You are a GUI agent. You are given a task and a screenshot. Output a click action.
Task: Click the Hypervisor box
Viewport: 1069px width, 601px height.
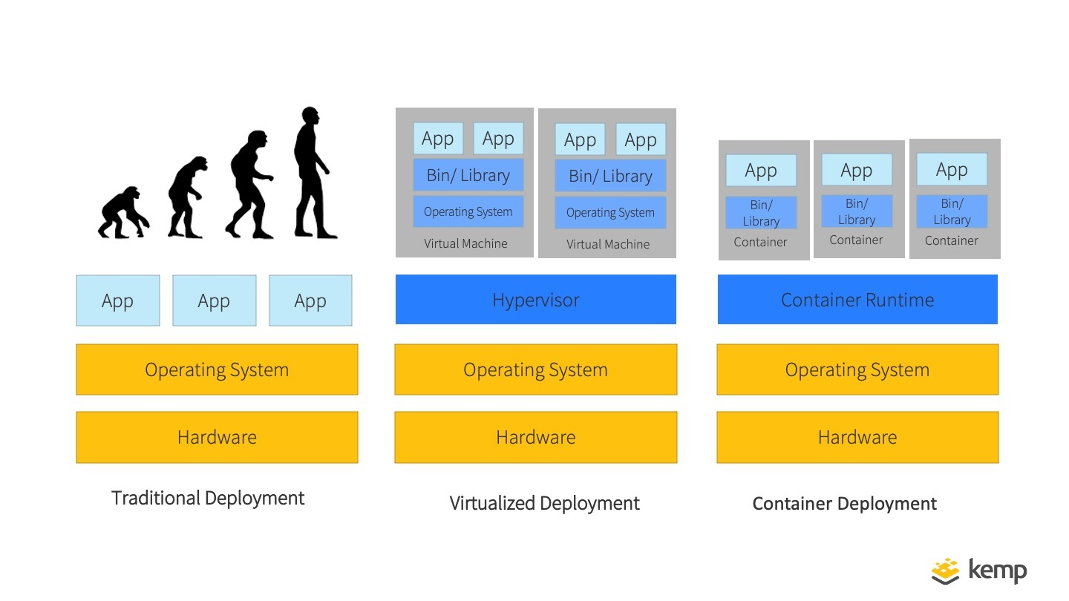tap(535, 300)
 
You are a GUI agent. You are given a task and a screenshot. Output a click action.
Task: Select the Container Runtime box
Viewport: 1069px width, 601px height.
tap(857, 300)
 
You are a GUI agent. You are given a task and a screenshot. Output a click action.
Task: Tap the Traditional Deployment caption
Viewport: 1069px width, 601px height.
tap(208, 498)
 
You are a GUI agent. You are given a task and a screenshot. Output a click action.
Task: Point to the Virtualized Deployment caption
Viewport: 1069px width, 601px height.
tap(544, 503)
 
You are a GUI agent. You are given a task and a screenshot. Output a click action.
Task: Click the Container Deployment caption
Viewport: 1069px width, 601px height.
tap(844, 504)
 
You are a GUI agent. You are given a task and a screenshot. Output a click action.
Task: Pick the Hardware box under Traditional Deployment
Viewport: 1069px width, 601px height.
tap(217, 437)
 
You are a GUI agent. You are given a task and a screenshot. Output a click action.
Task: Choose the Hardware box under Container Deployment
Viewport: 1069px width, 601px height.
tap(857, 437)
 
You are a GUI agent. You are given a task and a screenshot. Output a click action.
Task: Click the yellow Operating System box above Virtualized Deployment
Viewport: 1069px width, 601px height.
tap(535, 370)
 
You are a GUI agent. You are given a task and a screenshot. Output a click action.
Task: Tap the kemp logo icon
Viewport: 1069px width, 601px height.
tap(945, 571)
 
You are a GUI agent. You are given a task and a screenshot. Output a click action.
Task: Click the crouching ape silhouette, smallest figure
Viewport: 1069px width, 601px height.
tap(122, 214)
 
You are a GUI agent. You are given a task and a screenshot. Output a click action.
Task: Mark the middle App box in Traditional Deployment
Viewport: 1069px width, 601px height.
tap(214, 300)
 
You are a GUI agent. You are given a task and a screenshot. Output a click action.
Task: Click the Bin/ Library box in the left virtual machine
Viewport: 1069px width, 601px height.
tap(468, 175)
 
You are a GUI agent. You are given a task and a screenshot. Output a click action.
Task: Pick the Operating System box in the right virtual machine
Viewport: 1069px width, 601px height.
tap(610, 212)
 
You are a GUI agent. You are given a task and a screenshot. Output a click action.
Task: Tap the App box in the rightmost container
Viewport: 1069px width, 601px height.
tap(952, 170)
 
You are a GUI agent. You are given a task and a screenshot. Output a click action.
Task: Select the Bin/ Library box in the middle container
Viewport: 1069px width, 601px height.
tap(857, 211)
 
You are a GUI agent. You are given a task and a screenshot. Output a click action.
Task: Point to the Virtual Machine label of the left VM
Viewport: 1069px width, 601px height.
tap(465, 243)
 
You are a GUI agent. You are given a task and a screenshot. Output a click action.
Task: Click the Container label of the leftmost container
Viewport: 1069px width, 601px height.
tap(760, 242)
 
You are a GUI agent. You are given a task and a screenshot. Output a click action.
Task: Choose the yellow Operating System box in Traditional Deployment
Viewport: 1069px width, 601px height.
tap(217, 370)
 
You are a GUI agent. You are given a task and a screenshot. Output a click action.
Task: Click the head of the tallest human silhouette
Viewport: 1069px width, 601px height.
tap(310, 118)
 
